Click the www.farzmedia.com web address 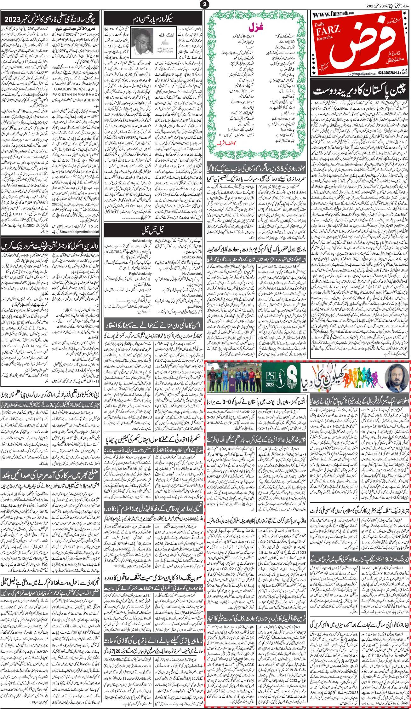[x=332, y=13]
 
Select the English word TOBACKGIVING [x=76, y=89]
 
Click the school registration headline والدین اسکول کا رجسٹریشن [x=51, y=245]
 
